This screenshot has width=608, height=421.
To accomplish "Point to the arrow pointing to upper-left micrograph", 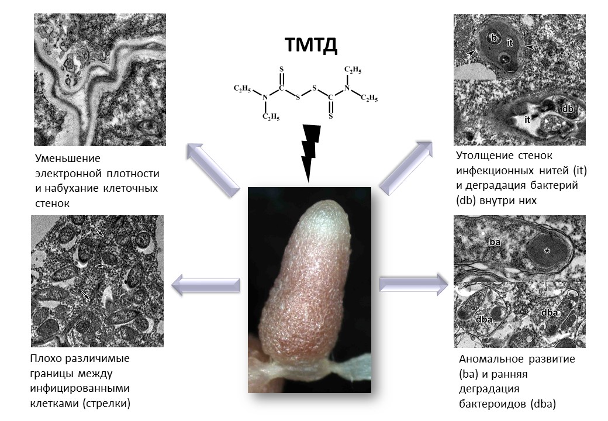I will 213,169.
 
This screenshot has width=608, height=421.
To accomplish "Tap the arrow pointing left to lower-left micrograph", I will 205,285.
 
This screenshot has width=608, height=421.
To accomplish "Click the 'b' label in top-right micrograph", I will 494,39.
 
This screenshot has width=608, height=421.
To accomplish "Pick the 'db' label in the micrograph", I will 566,109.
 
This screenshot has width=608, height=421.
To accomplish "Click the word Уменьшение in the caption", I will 68,158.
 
